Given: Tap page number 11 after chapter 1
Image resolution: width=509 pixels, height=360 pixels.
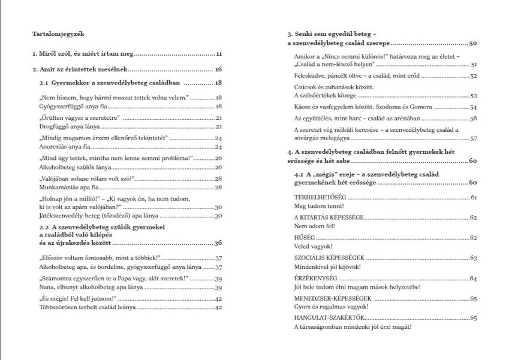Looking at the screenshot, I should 219,54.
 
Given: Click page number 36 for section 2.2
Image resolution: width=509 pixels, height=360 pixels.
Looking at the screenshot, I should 218,243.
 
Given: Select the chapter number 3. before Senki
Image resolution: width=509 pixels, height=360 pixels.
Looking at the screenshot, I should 290,34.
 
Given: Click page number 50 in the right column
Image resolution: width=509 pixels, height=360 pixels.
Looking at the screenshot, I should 473,44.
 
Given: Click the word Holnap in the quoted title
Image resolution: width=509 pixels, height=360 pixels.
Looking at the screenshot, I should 53,198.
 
